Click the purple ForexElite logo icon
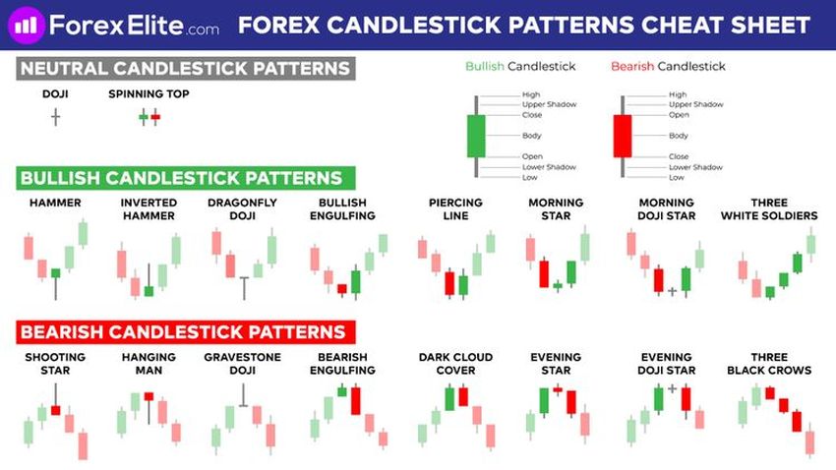(27, 25)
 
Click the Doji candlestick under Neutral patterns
(55, 117)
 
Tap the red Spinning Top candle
(155, 117)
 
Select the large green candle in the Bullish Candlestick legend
(476, 136)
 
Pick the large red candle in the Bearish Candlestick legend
(623, 136)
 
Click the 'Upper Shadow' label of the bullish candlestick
(549, 104)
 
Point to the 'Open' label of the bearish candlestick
(679, 115)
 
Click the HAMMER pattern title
(55, 203)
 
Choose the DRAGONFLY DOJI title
(242, 208)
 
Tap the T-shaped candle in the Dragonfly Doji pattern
(244, 288)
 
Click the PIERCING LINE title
(455, 208)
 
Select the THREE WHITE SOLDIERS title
(769, 208)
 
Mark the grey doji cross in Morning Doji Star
(673, 291)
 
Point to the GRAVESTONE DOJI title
(242, 364)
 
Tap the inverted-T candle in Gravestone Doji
(243, 395)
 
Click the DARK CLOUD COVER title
(455, 364)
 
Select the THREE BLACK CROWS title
(769, 364)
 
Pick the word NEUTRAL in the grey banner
(64, 69)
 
